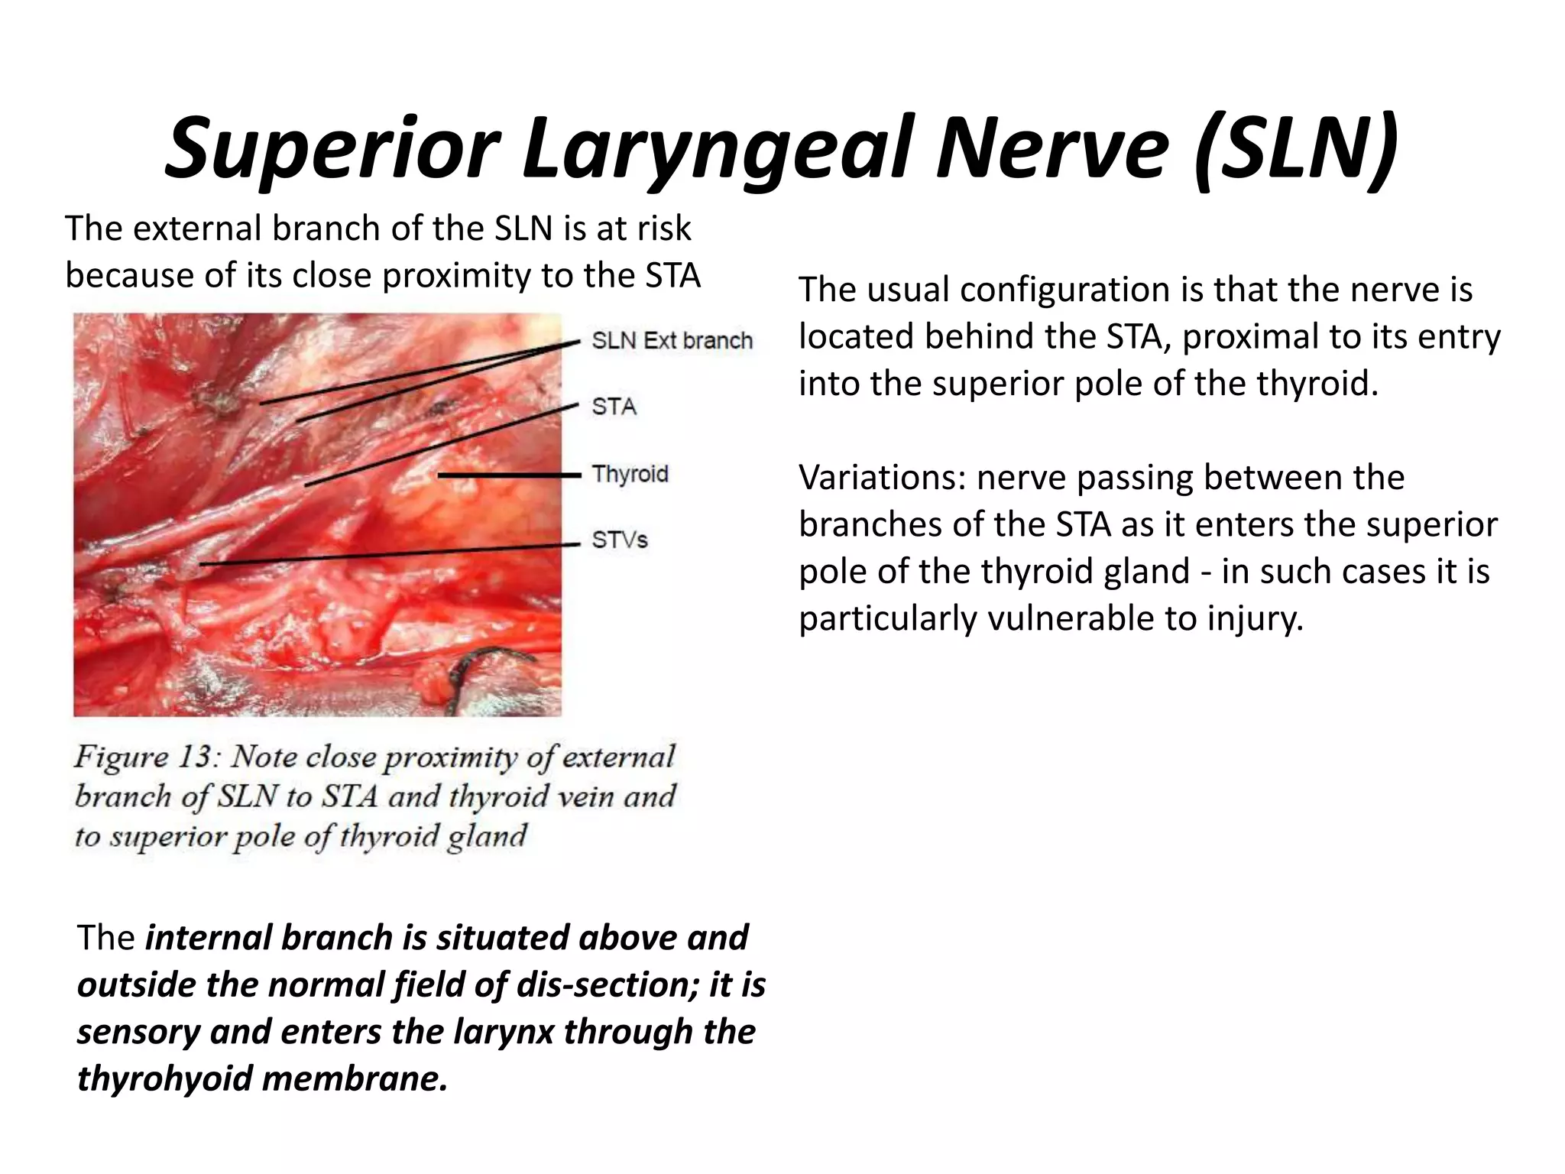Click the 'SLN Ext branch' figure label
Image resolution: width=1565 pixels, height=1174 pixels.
[x=672, y=340]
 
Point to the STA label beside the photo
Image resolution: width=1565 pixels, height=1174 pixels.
[x=614, y=407]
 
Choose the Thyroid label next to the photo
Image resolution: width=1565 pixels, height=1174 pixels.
[x=630, y=474]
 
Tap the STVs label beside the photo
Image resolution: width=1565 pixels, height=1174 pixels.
[x=620, y=540]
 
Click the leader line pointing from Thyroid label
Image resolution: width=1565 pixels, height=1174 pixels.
[x=508, y=475]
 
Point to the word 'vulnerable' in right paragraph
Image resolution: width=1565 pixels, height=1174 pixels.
[x=1071, y=618]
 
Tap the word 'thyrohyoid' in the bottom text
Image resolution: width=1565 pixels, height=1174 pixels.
[x=164, y=1078]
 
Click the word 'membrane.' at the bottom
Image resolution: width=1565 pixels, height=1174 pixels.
[x=355, y=1078]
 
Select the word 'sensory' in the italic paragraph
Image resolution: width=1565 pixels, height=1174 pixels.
[x=138, y=1032]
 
